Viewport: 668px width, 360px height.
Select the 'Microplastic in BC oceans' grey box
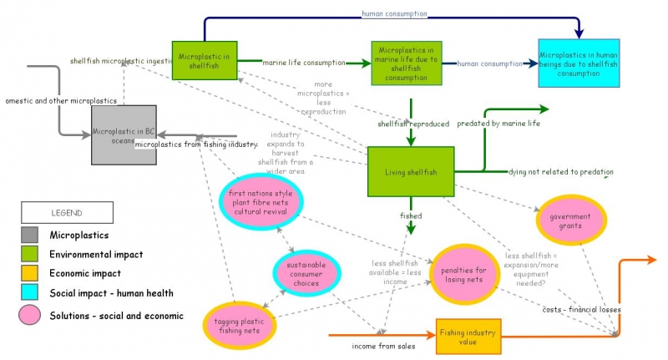pyautogui.click(x=124, y=135)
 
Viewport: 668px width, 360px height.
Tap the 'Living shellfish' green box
pyautogui.click(x=411, y=172)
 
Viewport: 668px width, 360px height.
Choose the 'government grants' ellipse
pyautogui.click(x=569, y=220)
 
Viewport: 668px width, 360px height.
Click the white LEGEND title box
pyautogui.click(x=68, y=213)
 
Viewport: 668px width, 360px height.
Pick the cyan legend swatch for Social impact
pyautogui.click(x=29, y=292)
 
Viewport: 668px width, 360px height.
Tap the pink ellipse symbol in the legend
pyautogui.click(x=29, y=316)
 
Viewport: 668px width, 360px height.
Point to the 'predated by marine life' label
pyautogui.click(x=498, y=124)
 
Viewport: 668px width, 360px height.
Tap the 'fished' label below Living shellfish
pyautogui.click(x=411, y=216)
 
